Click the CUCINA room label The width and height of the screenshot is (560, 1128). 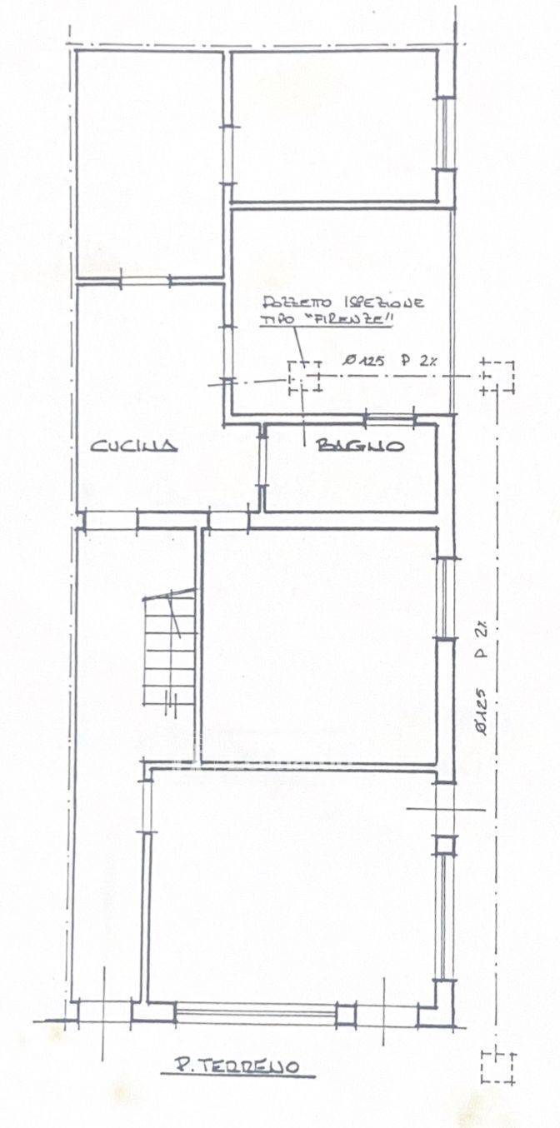[x=134, y=446]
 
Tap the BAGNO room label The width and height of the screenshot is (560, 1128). [x=361, y=445]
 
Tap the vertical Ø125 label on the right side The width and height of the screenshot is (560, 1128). [x=483, y=711]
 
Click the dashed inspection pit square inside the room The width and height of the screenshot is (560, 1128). [x=305, y=377]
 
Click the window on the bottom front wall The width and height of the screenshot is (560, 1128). [x=256, y=1013]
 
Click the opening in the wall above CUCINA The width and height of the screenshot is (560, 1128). [x=145, y=280]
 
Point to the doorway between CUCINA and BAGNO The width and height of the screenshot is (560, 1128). [x=262, y=461]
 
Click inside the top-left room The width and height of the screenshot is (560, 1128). [x=149, y=163]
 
